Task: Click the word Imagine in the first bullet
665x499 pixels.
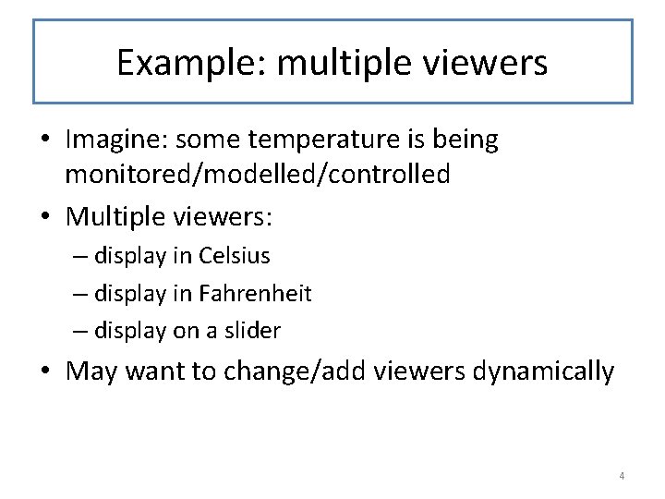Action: tap(115, 140)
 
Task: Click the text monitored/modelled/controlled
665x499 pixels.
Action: tap(258, 174)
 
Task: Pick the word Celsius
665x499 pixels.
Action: tap(235, 255)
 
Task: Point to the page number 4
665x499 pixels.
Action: tap(622, 476)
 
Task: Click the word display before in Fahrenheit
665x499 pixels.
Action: tap(130, 293)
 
